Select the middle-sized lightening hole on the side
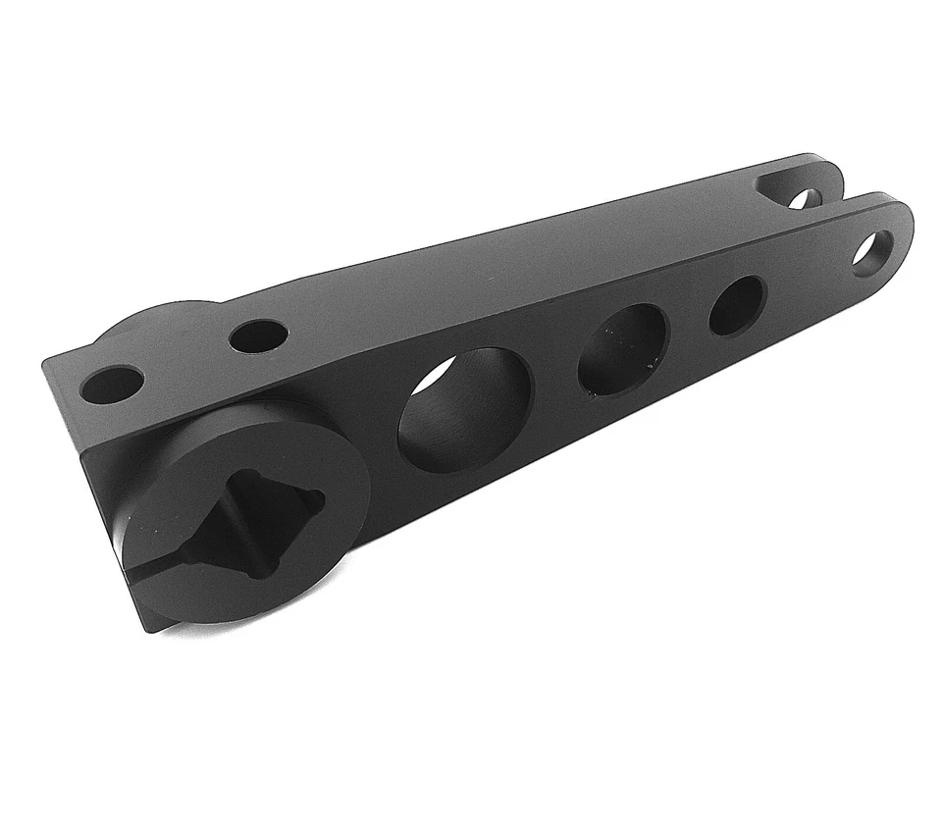(622, 349)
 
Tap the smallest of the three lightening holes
(737, 305)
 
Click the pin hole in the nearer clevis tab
(869, 253)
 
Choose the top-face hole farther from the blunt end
(258, 337)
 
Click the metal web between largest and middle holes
(554, 378)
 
